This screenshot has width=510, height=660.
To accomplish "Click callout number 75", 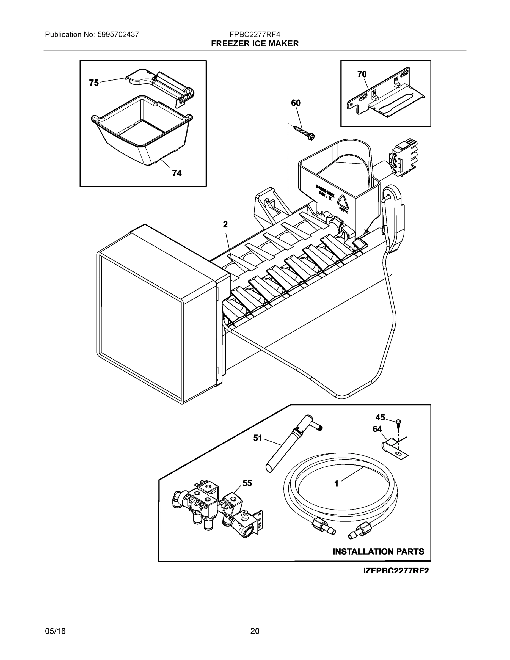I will pyautogui.click(x=94, y=82).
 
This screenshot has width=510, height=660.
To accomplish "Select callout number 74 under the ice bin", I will pyautogui.click(x=177, y=173).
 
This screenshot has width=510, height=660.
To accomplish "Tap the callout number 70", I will pyautogui.click(x=362, y=74).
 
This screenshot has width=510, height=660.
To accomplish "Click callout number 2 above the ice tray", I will pyautogui.click(x=225, y=224).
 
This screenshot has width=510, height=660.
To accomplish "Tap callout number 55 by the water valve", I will pyautogui.click(x=247, y=483).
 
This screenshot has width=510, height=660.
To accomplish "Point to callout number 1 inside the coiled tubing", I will pyautogui.click(x=336, y=484).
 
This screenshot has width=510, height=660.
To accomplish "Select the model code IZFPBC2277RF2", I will pyautogui.click(x=396, y=571).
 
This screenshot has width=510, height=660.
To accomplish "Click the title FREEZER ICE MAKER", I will pyautogui.click(x=255, y=44).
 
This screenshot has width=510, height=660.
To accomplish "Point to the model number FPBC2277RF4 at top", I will pyautogui.click(x=255, y=34).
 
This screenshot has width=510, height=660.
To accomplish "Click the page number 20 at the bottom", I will pyautogui.click(x=255, y=631).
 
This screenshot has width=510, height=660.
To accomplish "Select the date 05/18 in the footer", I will pyautogui.click(x=55, y=631).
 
